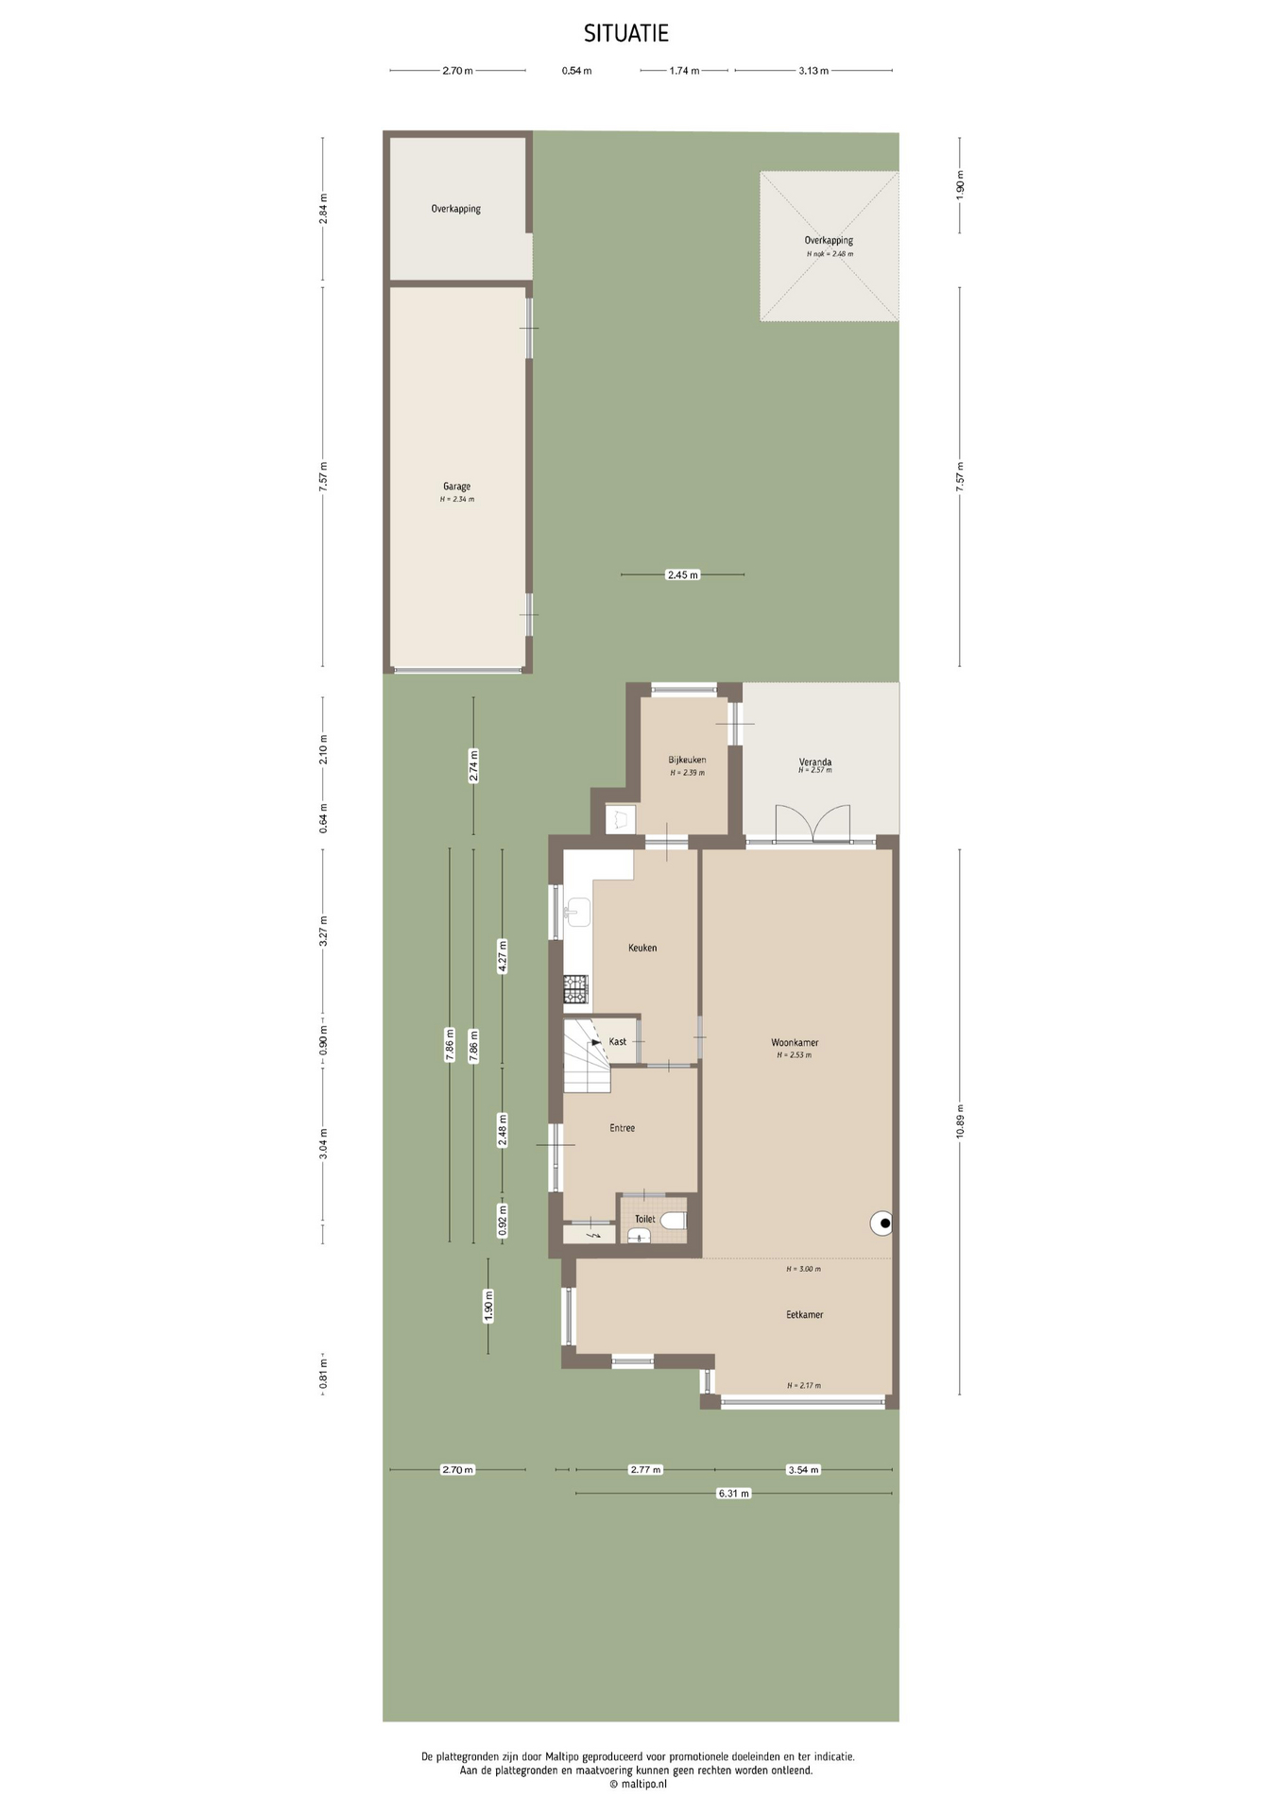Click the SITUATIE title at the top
click(625, 34)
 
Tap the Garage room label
click(456, 487)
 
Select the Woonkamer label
click(795, 1043)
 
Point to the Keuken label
click(642, 948)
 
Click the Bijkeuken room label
click(687, 760)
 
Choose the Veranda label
click(815, 762)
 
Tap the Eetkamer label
click(805, 1314)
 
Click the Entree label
click(622, 1128)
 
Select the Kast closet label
click(618, 1042)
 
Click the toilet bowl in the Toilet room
click(674, 1221)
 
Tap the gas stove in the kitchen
click(575, 989)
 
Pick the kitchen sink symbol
click(577, 912)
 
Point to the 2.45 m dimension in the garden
click(682, 574)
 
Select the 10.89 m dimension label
click(960, 1121)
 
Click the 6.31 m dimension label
click(733, 1494)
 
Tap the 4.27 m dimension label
click(503, 956)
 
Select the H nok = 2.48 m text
click(830, 254)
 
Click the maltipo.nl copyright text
click(639, 1784)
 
